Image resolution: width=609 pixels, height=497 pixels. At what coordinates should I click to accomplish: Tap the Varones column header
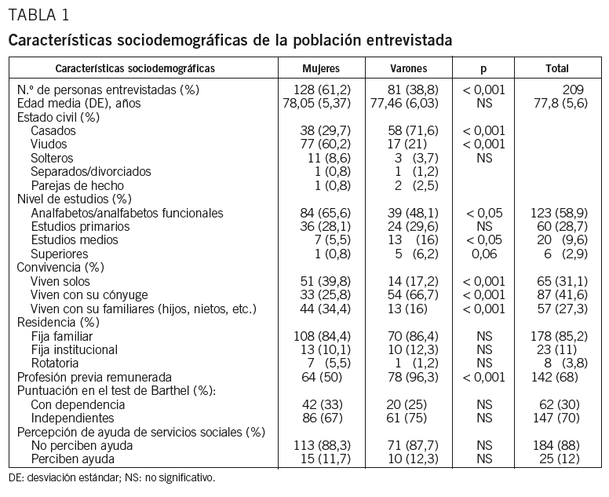click(x=407, y=68)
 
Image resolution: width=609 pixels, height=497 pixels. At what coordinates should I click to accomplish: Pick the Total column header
click(x=557, y=68)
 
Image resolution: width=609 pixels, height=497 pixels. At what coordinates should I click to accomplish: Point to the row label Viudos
click(x=49, y=144)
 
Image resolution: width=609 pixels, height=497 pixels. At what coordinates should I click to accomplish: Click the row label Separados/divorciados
click(x=91, y=172)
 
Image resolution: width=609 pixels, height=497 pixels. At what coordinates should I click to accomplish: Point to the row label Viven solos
click(x=60, y=281)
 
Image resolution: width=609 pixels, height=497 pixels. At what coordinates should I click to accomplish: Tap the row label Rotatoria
click(x=55, y=363)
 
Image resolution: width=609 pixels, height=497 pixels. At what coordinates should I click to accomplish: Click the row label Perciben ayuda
click(x=73, y=459)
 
